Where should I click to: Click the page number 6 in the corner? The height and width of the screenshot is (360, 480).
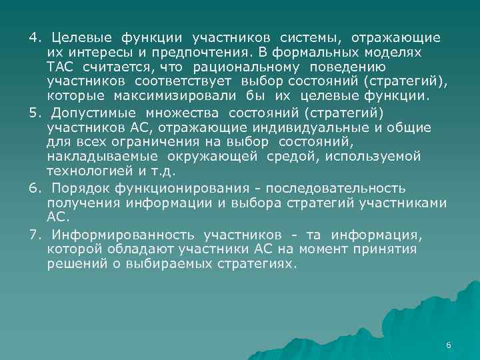(x=448, y=345)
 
